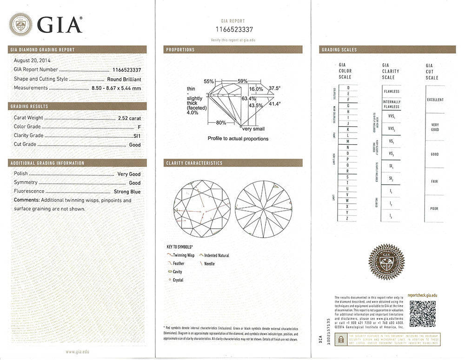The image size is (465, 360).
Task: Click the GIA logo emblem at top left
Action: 21,24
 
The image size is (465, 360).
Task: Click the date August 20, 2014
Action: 33,60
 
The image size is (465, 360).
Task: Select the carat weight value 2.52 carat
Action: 129,118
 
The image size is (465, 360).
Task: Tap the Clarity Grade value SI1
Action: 136,136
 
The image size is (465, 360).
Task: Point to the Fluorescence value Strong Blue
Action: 127,191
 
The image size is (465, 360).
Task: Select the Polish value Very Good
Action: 128,174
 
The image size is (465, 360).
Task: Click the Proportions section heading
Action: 180,50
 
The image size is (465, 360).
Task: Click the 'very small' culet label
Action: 253,129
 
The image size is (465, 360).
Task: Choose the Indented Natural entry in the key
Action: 217,255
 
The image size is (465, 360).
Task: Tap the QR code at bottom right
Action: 422,313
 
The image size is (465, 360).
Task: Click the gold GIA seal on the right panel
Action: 386,262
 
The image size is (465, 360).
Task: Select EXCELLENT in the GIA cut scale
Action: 435,100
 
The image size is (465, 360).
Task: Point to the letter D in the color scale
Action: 348,87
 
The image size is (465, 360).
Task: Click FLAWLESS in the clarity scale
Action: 392,92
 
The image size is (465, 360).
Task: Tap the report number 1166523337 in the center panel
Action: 233,29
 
